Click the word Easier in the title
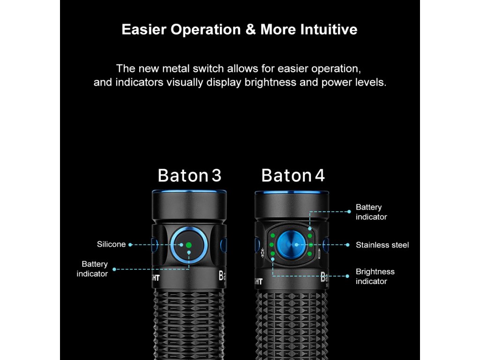(x=144, y=30)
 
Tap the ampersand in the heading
(x=249, y=30)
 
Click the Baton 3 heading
(x=189, y=175)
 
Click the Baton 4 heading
(x=293, y=175)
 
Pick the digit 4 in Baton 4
(x=320, y=175)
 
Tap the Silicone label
(x=111, y=244)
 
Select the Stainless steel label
(x=382, y=245)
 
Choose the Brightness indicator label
(x=375, y=276)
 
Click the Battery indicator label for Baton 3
(x=92, y=269)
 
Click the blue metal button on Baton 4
(x=291, y=244)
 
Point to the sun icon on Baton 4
(x=263, y=253)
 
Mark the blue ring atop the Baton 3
(x=189, y=192)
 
